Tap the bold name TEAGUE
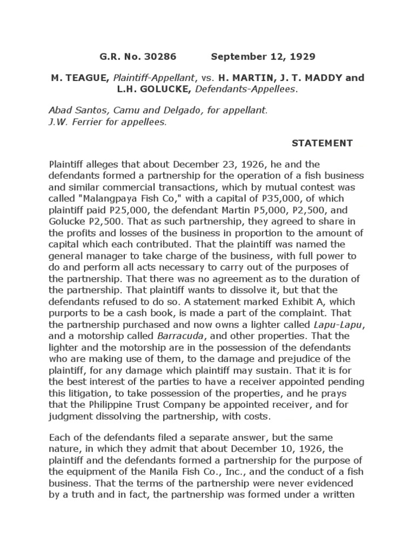(x=81, y=78)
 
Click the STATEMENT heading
(x=322, y=143)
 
